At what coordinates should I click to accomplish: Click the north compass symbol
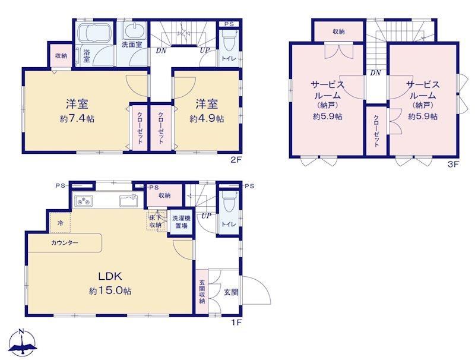tap(23, 343)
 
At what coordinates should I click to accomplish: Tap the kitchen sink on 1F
tap(129, 201)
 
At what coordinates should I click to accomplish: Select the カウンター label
tap(65, 242)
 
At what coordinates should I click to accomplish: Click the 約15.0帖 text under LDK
tap(110, 291)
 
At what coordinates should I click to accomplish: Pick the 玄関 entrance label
tap(231, 292)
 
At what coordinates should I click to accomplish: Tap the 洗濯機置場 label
tap(181, 222)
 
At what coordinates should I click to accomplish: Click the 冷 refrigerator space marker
tap(61, 223)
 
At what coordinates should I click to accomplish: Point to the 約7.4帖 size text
tap(77, 119)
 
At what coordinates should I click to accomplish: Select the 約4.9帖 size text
tap(207, 118)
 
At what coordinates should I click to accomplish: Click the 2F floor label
tap(236, 160)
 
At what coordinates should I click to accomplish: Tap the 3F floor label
tap(454, 165)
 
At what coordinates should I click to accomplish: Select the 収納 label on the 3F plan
tap(338, 31)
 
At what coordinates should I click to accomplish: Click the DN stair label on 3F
tap(376, 72)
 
